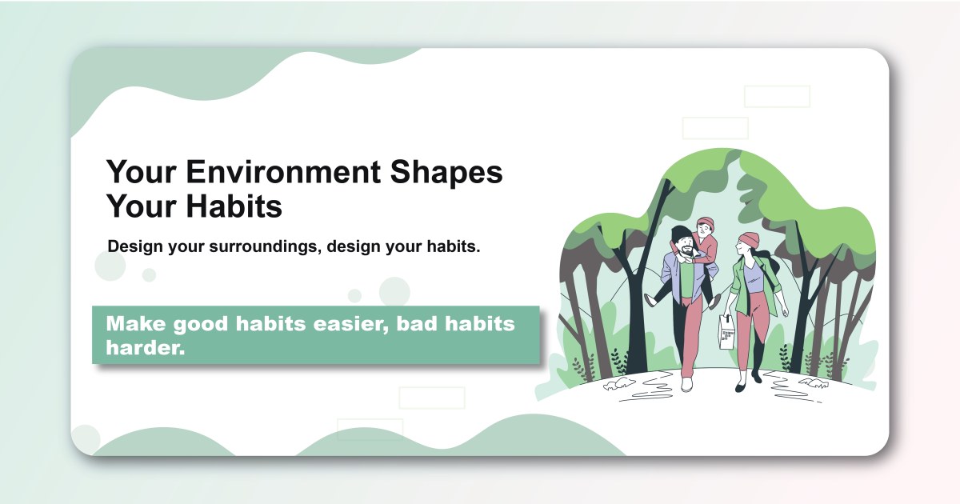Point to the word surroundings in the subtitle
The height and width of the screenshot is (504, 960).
[x=261, y=246]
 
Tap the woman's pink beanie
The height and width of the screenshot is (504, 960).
[x=749, y=239]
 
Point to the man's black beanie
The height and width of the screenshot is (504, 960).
[x=681, y=234]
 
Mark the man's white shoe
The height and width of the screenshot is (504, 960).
[x=686, y=384]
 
